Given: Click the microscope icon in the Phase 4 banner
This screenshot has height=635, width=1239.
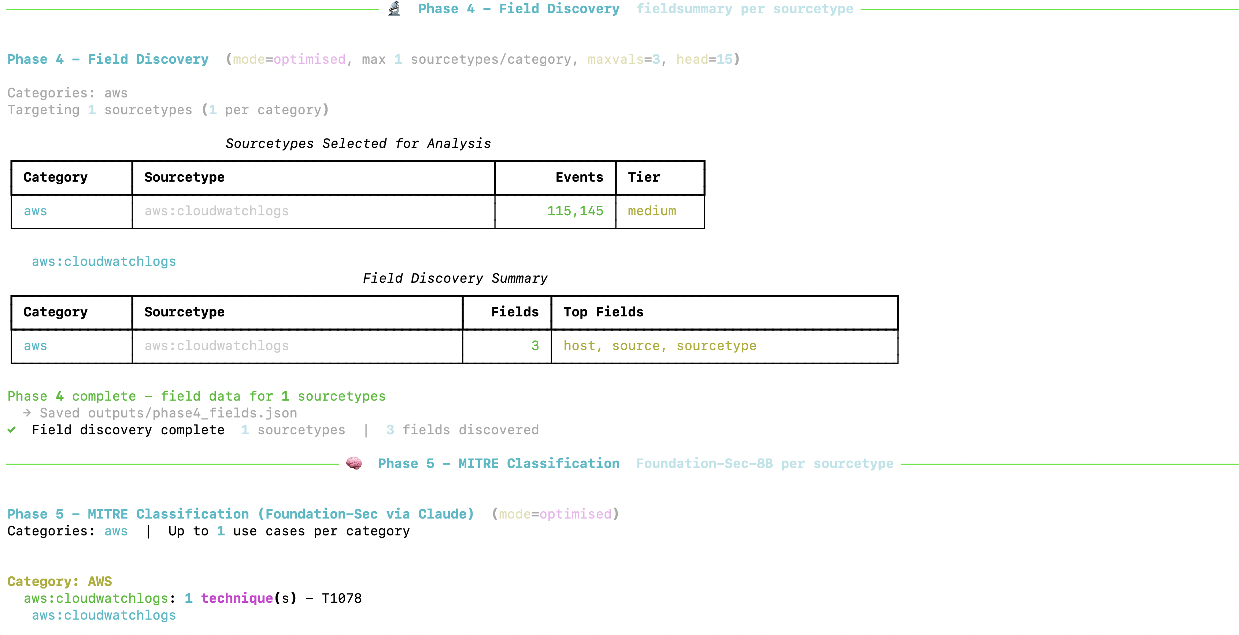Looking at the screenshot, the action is coord(395,9).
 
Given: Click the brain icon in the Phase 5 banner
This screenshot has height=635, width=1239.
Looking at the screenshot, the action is coord(354,463).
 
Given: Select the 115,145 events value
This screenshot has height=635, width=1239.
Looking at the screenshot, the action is coord(575,211).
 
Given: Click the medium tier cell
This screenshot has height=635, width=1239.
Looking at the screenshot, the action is coord(652,211).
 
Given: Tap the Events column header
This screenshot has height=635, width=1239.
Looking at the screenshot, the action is coord(579,177).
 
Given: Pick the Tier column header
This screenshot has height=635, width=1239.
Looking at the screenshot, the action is coord(644,177).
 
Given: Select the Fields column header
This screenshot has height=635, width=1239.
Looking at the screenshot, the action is coord(515,312).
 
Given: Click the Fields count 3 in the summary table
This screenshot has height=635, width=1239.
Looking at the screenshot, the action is coord(535,346).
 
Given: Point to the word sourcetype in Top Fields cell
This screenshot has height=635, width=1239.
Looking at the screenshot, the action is coord(716,346).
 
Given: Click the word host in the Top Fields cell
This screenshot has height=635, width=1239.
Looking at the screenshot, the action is coord(580,346).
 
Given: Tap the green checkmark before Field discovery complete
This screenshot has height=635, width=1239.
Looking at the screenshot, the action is coord(12,430).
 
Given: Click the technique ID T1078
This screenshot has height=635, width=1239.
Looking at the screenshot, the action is coord(341,598).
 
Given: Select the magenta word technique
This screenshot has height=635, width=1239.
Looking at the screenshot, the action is coord(237,598).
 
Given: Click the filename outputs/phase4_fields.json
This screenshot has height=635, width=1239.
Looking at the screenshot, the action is coord(192,413).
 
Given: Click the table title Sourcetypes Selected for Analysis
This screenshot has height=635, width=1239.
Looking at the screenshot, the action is coord(358,144).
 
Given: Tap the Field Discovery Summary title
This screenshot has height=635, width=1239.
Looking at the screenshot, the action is coord(455,278).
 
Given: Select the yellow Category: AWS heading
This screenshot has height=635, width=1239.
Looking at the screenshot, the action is coord(60,582).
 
